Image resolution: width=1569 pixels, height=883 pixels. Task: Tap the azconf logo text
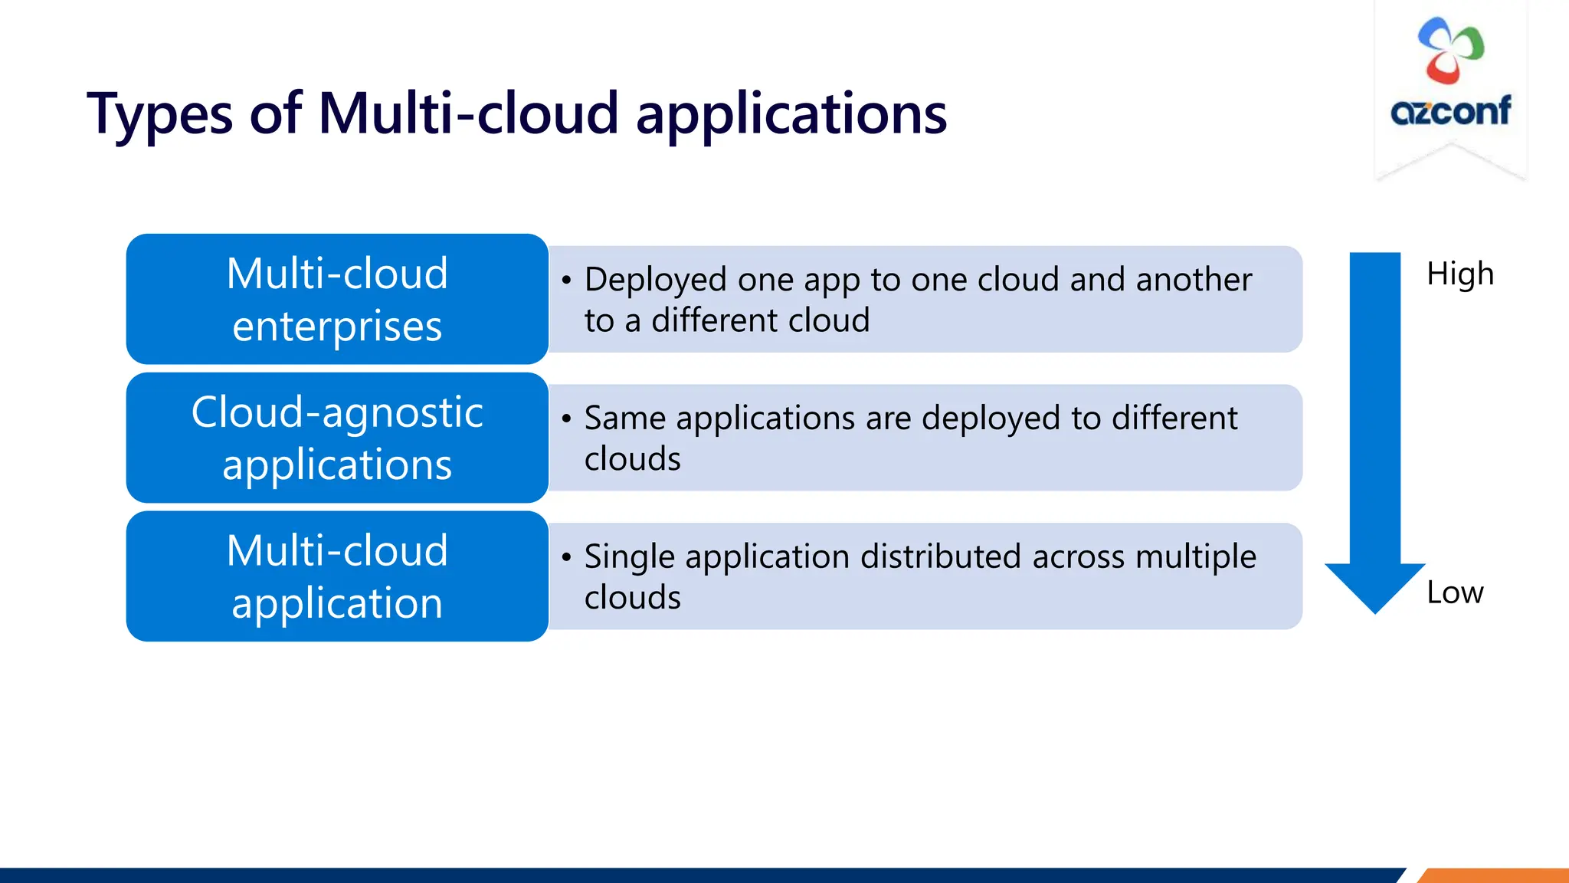(x=1450, y=111)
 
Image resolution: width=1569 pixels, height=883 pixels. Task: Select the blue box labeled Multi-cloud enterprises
(x=337, y=299)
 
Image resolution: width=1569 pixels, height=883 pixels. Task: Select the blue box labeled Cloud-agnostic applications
(x=337, y=438)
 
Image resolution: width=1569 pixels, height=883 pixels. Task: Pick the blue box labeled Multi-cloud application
(x=337, y=576)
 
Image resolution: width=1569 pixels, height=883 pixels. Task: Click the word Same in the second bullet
(x=625, y=419)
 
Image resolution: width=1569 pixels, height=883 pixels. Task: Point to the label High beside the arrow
(x=1459, y=274)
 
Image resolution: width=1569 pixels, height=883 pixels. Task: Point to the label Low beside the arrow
(x=1454, y=592)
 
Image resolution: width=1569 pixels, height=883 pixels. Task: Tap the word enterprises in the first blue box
(x=337, y=327)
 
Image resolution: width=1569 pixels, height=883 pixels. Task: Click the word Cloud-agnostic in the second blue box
(x=337, y=413)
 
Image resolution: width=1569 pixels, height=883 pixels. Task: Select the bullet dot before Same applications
(x=566, y=419)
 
